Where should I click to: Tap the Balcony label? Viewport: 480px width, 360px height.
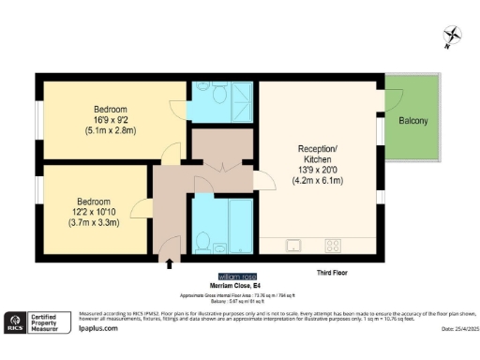413,121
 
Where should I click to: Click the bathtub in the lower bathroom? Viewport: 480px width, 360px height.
235,230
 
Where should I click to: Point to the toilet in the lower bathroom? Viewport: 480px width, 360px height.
202,241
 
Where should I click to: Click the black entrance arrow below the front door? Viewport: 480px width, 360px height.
169,265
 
